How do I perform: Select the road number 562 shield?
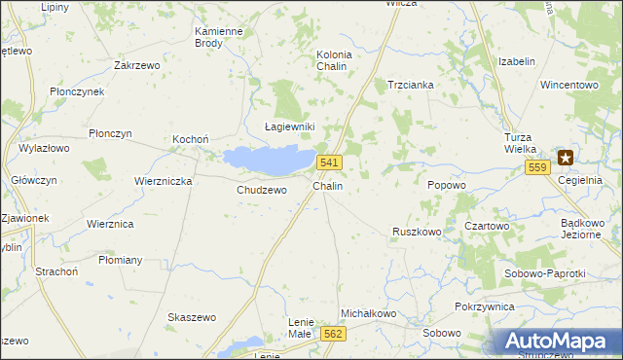pyautogui.click(x=333, y=333)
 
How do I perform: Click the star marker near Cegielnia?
pyautogui.click(x=566, y=157)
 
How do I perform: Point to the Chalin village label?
pyautogui.click(x=327, y=185)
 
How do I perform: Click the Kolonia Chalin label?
pyautogui.click(x=334, y=60)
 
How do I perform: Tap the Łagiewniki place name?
pyautogui.click(x=290, y=127)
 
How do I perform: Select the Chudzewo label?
pyautogui.click(x=262, y=190)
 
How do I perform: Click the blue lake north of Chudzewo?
pyautogui.click(x=267, y=158)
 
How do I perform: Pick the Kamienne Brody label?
pyautogui.click(x=218, y=37)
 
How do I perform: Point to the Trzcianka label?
pyautogui.click(x=410, y=85)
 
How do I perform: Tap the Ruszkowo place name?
pyautogui.click(x=417, y=232)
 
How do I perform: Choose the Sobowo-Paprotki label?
pyautogui.click(x=545, y=273)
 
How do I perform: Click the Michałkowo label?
pyautogui.click(x=367, y=313)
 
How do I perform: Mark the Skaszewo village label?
pyautogui.click(x=191, y=318)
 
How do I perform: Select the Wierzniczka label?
pyautogui.click(x=164, y=181)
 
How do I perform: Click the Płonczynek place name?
pyautogui.click(x=76, y=90)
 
